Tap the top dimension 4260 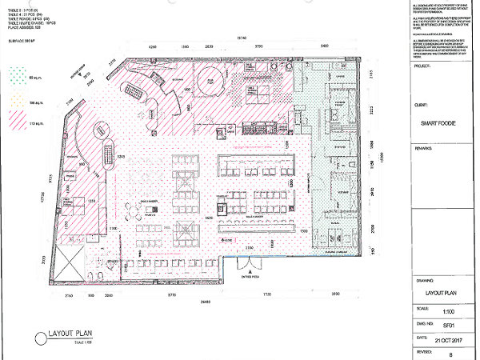tap(155, 48)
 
